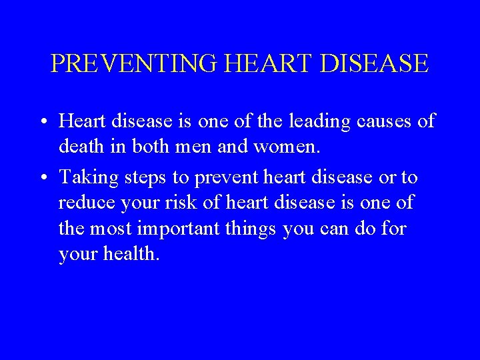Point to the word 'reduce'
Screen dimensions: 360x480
point(83,201)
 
